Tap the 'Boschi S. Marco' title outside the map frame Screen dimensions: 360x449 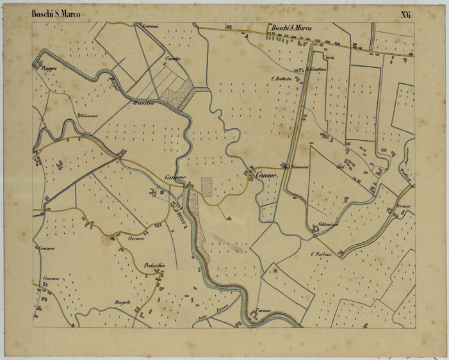tap(56, 13)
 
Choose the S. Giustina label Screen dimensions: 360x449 tap(317, 69)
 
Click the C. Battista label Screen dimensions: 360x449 tap(281, 78)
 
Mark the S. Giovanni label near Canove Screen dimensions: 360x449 tap(299, 167)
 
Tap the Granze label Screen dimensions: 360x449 tap(402, 206)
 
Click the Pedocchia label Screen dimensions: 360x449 tap(154, 266)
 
